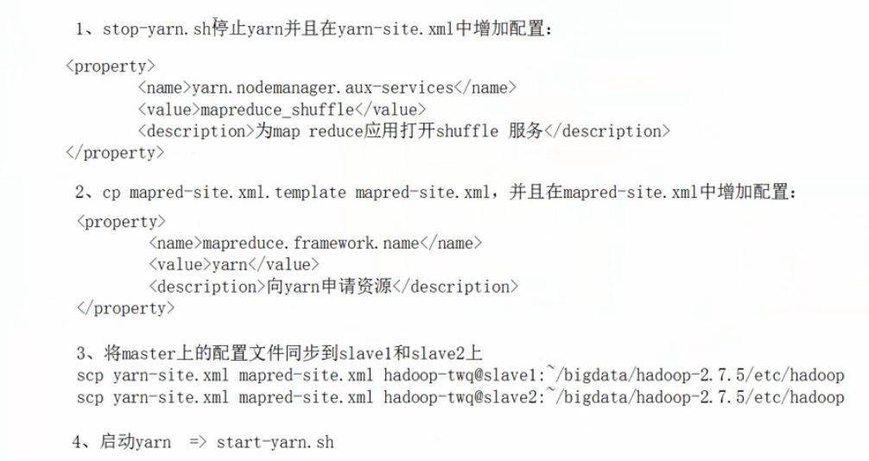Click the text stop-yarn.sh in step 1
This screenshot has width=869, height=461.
[x=156, y=28]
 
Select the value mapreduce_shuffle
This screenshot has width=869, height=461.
[x=276, y=109]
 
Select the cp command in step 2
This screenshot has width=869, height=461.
[x=112, y=193]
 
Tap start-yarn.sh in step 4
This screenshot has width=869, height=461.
[x=275, y=442]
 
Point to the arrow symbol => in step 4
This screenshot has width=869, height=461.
[x=198, y=442]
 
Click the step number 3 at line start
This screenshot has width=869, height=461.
[x=80, y=354]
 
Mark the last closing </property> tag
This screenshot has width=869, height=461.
[x=126, y=308]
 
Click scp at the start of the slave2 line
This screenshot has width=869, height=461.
[x=90, y=397]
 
